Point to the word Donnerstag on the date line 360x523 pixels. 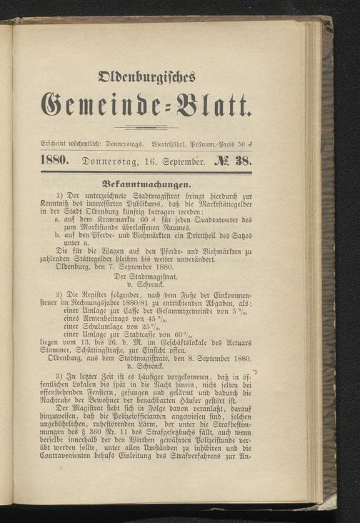[x=108, y=161]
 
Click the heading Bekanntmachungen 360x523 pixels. [x=146, y=183]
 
